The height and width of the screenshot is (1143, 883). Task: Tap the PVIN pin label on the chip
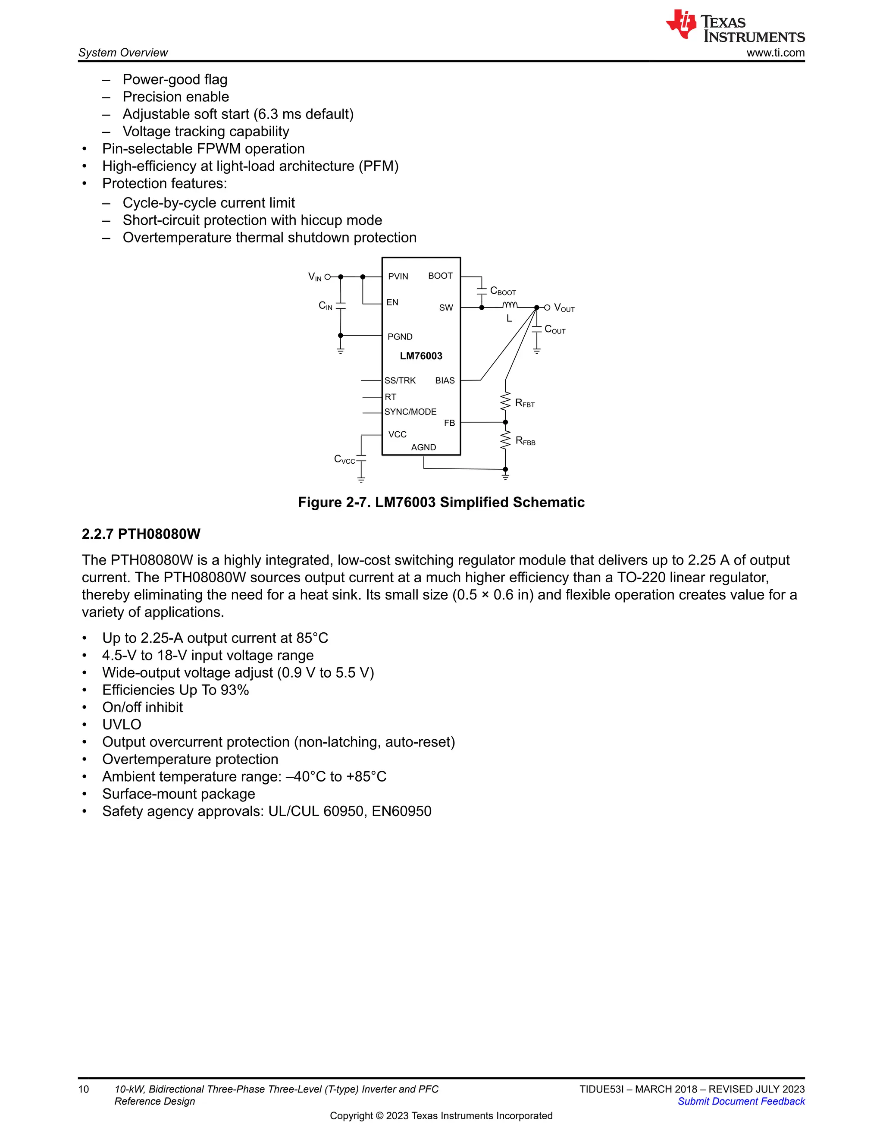click(x=398, y=276)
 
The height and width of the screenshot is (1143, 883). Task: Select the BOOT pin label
click(x=440, y=276)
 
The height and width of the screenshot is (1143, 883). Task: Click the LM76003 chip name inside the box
click(x=421, y=356)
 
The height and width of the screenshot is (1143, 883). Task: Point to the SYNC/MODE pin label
click(x=410, y=412)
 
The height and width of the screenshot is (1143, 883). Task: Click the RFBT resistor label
click(x=525, y=403)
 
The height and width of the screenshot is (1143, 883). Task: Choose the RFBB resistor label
click(x=525, y=441)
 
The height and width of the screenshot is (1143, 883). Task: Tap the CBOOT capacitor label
click(x=503, y=291)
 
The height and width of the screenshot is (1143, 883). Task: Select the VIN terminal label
click(x=315, y=277)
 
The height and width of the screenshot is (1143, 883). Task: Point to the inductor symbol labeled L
click(x=510, y=305)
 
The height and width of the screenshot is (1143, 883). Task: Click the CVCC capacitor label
click(x=344, y=459)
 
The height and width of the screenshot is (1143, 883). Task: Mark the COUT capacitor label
click(x=554, y=330)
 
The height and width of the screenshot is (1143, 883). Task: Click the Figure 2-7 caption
click(x=441, y=502)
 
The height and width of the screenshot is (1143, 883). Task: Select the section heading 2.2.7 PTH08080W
click(x=141, y=534)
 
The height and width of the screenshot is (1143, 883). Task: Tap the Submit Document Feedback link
click(x=741, y=1101)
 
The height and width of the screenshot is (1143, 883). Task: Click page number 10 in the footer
click(x=84, y=1089)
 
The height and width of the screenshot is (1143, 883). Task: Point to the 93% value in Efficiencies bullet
click(x=235, y=690)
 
